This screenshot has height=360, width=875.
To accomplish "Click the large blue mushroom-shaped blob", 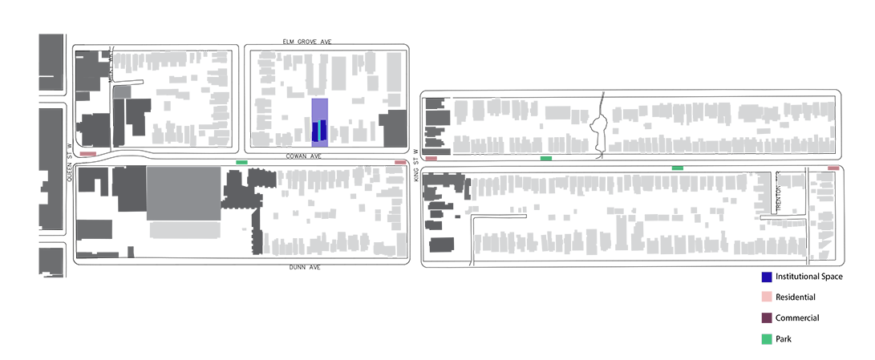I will pyautogui.click(x=322, y=112).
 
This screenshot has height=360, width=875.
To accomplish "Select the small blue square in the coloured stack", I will pyautogui.click(x=767, y=277).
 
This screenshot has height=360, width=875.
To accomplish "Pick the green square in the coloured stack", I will pyautogui.click(x=768, y=339).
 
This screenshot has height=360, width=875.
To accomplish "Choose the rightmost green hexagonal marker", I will pyautogui.click(x=678, y=168).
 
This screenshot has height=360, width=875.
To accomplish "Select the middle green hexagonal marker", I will pyautogui.click(x=547, y=158).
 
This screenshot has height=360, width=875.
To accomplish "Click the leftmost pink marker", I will pyautogui.click(x=87, y=151).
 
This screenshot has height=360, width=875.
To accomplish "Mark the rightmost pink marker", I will pyautogui.click(x=833, y=168).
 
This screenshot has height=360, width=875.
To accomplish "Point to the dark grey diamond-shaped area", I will pyautogui.click(x=103, y=229).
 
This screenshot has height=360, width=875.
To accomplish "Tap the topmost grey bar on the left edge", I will pyautogui.click(x=51, y=61).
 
